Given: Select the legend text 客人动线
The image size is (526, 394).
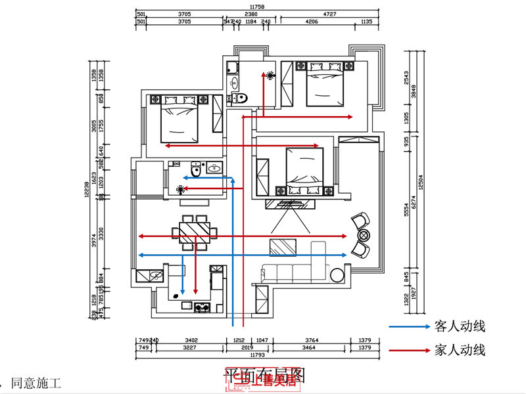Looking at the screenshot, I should coord(460,326).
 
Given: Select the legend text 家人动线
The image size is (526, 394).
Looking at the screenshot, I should coord(460,351).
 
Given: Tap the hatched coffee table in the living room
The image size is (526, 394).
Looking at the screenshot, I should coord(283,247).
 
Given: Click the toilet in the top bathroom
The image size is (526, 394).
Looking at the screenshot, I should coord(239,98).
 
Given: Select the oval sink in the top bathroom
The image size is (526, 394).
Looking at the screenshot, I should coord(233,83).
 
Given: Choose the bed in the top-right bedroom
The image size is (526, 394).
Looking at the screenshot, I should coord(326,85).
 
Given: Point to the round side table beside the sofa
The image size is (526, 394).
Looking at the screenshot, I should coord(336,274).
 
